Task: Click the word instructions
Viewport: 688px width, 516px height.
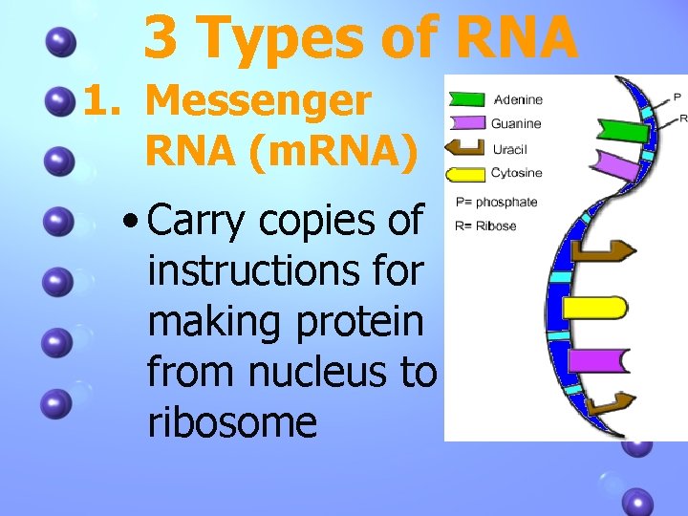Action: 285,270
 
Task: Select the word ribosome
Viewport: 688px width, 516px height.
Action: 232,420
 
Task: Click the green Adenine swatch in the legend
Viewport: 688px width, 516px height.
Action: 467,99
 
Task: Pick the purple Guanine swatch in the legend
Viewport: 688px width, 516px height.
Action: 467,123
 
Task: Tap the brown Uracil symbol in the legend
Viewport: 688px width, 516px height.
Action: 467,148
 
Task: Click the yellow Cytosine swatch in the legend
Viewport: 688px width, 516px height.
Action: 467,174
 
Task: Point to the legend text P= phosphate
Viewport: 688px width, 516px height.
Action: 497,202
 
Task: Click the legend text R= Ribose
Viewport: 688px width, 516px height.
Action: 485,226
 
